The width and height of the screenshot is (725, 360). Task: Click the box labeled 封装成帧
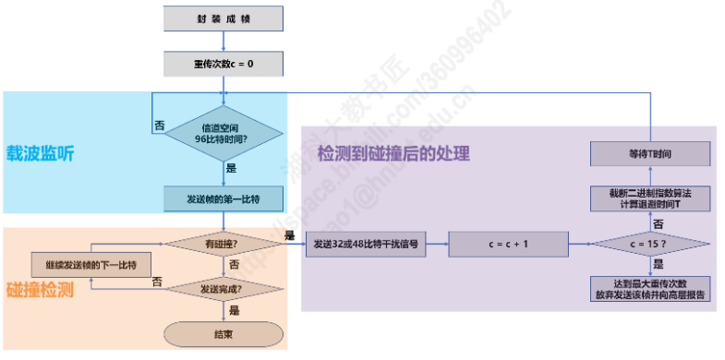(223, 18)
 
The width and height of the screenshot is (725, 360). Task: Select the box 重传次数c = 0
(223, 64)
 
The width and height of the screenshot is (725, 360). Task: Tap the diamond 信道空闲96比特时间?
(224, 132)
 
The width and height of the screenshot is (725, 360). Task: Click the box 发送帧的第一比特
(223, 198)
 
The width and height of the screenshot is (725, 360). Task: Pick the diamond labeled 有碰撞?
(223, 244)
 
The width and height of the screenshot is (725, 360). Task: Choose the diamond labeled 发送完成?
(223, 288)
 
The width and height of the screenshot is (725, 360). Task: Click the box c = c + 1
(507, 244)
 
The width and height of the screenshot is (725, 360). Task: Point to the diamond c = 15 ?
(650, 244)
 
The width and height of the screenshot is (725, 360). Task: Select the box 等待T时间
(650, 153)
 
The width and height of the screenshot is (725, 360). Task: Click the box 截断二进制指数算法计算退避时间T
(650, 198)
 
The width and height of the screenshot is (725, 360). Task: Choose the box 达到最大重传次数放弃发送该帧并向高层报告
(650, 288)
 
